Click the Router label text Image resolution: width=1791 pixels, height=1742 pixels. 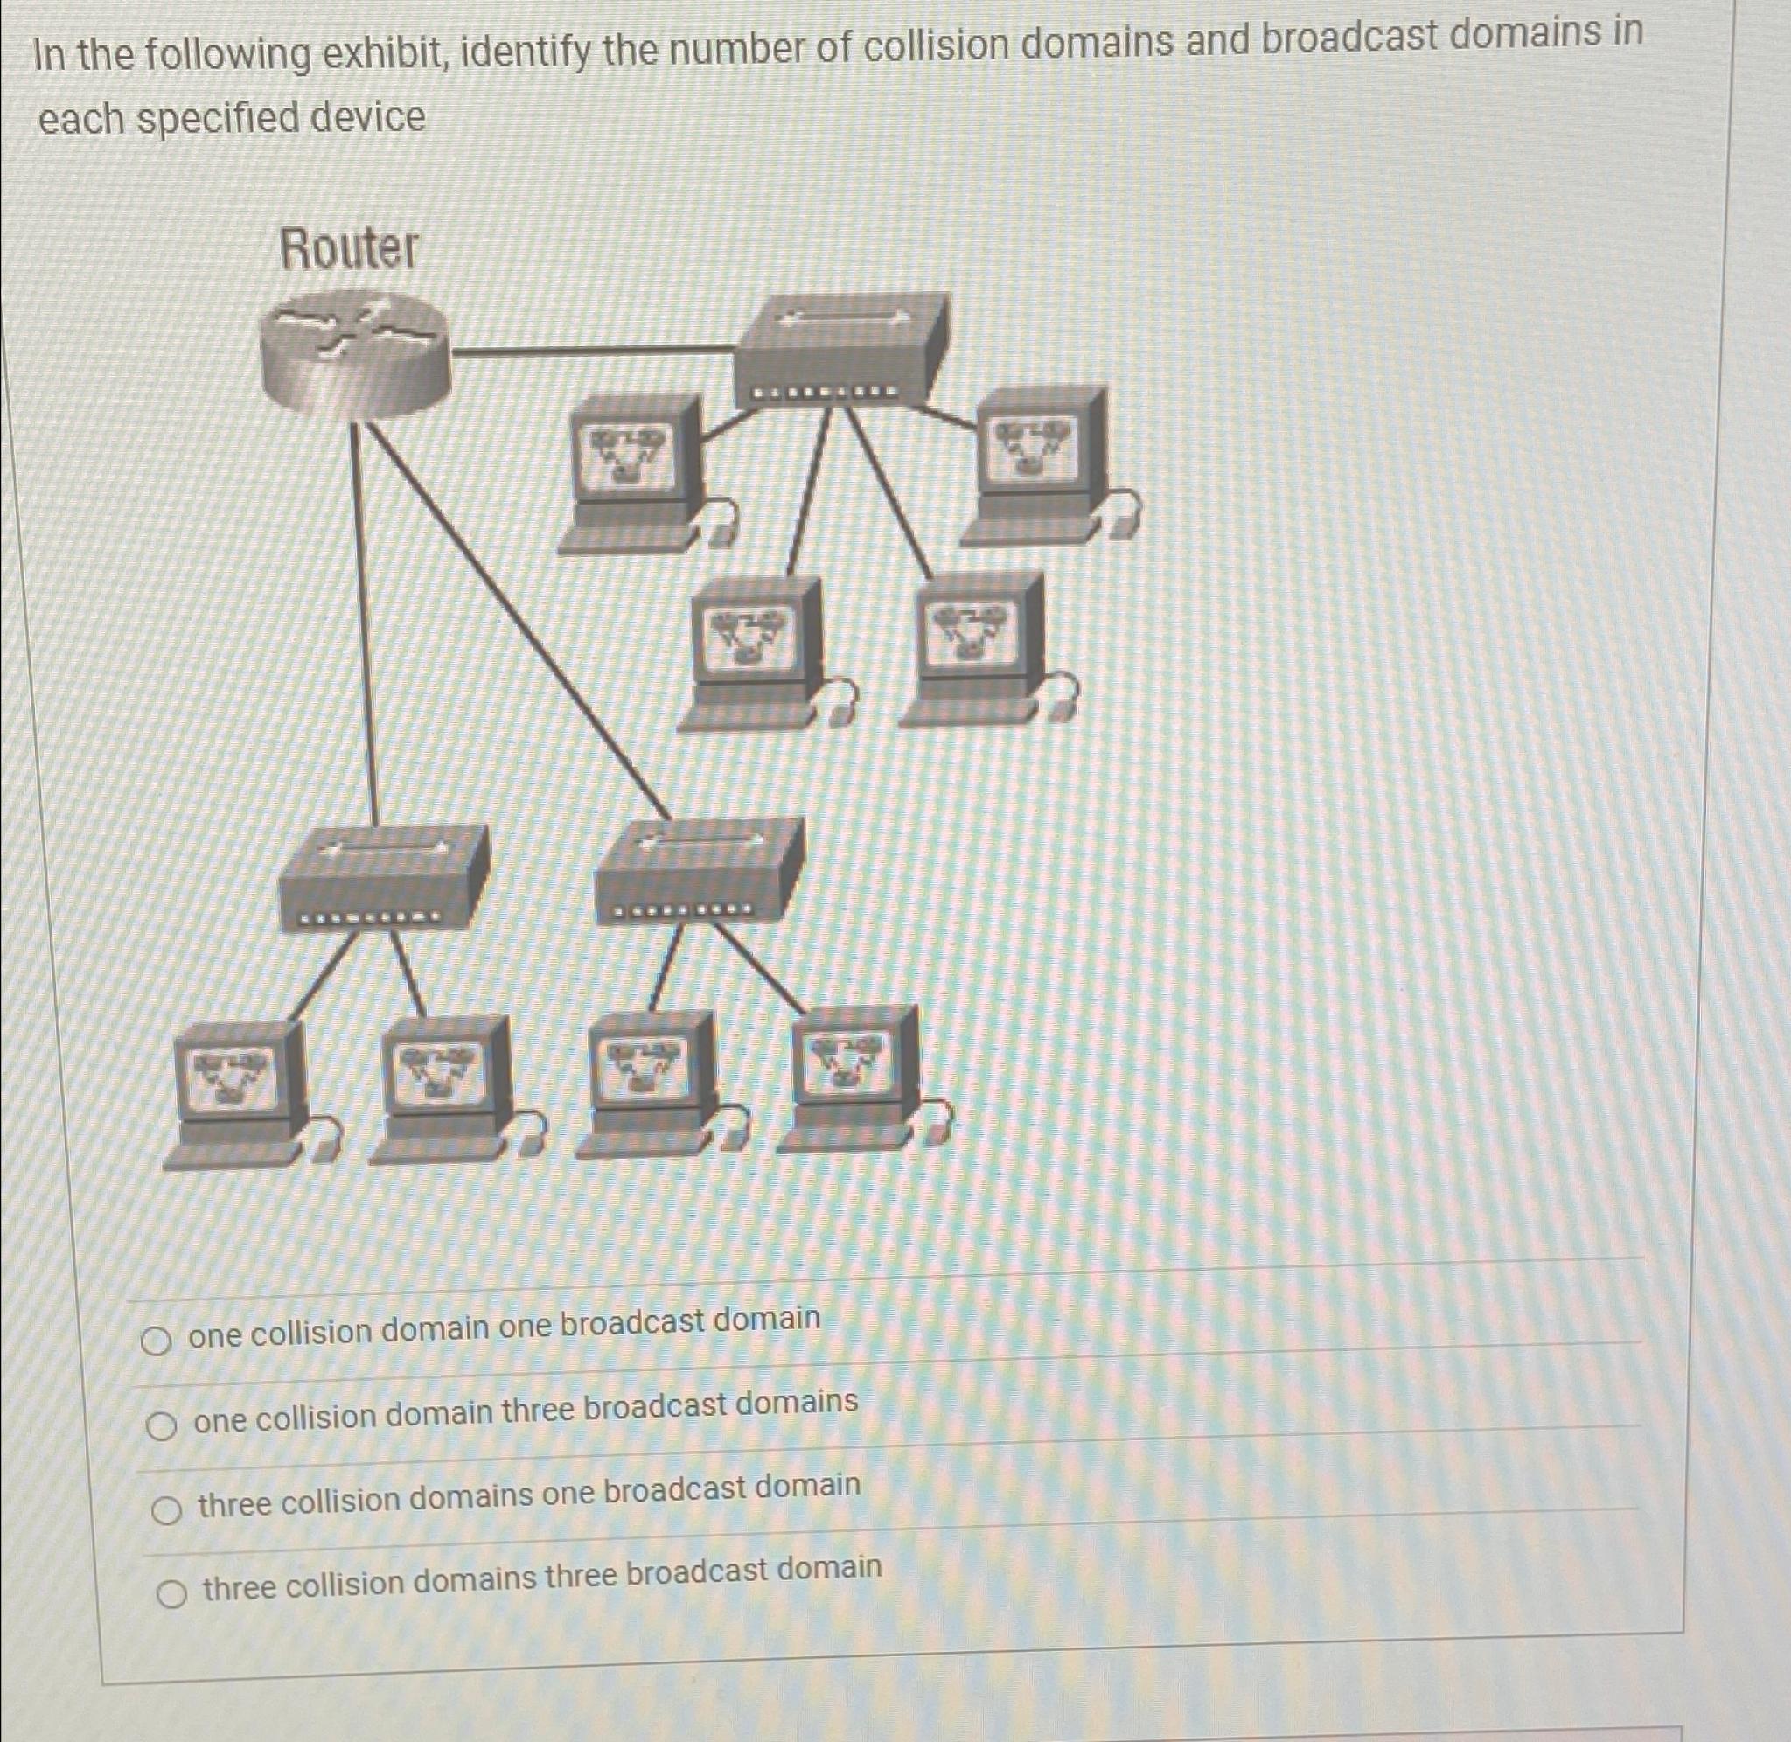click(x=349, y=249)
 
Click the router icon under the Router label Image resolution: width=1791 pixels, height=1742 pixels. click(x=355, y=355)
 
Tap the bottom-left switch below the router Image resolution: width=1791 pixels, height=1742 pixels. click(x=382, y=877)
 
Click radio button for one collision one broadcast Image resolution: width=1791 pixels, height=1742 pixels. click(x=157, y=1342)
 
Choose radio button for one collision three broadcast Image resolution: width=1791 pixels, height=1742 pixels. click(x=162, y=1425)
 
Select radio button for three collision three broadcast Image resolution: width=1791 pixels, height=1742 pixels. click(x=172, y=1595)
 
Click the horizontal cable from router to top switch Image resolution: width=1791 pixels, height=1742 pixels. click(x=595, y=350)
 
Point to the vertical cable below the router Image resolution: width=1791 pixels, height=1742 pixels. click(x=363, y=622)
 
